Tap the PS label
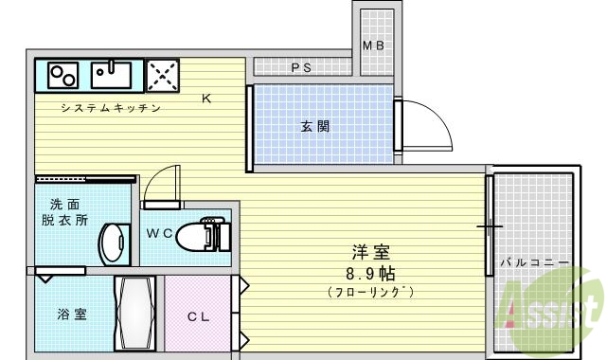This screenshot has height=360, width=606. point(301,67)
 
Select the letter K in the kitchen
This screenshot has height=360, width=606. point(206,98)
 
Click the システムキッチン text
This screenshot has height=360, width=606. point(110,107)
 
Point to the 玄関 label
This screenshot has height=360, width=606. point(316,125)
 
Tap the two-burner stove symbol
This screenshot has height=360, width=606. point(63,74)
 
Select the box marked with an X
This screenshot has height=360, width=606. point(162,74)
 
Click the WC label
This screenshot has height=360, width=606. point(159,233)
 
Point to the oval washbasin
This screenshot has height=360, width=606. point(115,243)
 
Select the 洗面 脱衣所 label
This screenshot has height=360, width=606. point(64,212)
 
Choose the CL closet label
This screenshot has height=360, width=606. point(197,316)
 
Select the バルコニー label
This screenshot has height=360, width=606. point(535,261)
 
